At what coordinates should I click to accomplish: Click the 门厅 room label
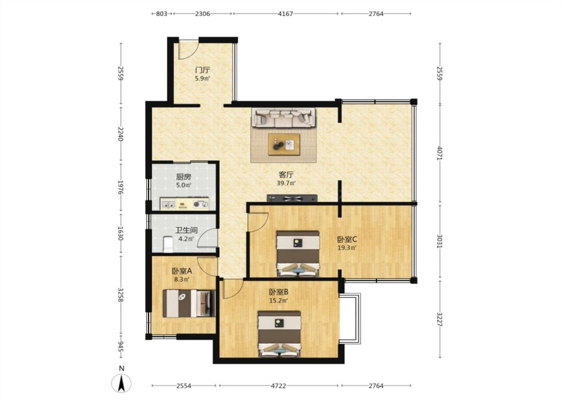point(203,70)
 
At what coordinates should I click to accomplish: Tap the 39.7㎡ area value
point(286,183)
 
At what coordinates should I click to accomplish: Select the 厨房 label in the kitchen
point(184,177)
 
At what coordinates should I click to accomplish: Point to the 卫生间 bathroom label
point(186,230)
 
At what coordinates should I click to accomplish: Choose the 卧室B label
point(279,292)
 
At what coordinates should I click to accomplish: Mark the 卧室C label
point(347,239)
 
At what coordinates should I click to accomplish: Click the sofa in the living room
point(284,118)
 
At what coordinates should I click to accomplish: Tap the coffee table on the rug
point(284,144)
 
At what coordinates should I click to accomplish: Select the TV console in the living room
point(292,198)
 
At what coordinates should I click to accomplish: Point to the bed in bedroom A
point(189,303)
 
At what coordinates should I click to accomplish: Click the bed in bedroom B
point(279,334)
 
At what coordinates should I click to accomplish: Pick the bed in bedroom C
point(298,254)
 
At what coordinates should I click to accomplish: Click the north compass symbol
point(122,383)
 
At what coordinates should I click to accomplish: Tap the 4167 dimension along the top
point(286,14)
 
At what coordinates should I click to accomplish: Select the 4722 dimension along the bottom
point(279,386)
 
